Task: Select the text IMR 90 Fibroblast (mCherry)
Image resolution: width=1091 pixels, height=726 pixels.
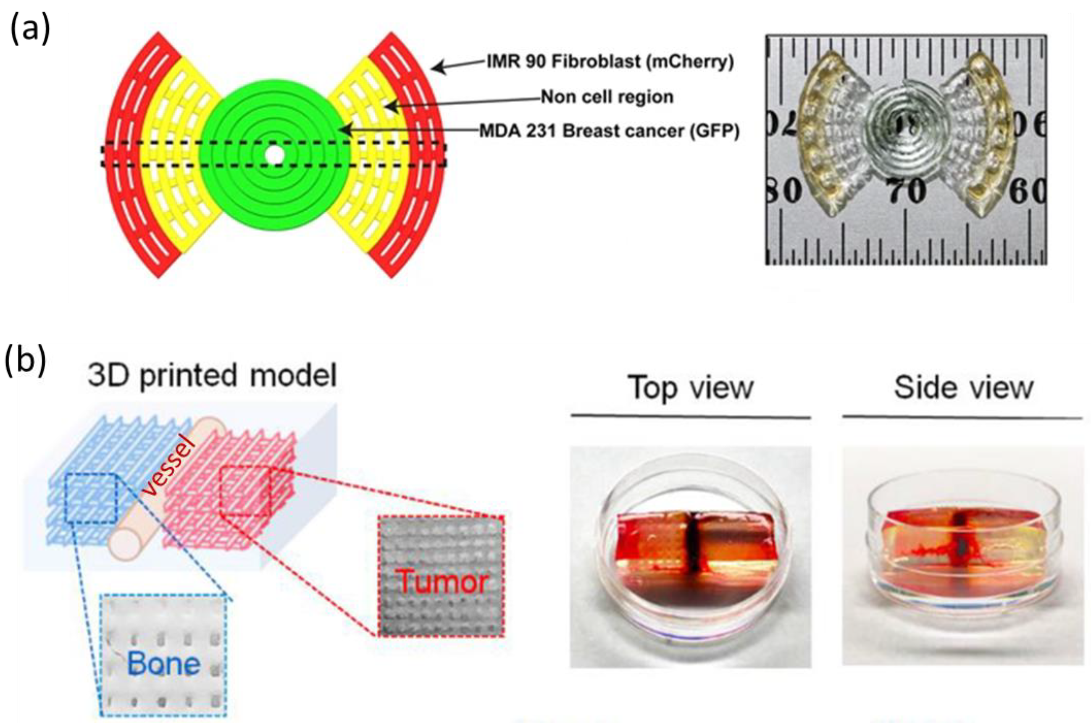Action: pos(610,62)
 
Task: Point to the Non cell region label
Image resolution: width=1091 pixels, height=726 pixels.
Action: pos(607,97)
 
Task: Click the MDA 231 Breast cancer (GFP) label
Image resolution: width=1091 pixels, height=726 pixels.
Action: pos(609,131)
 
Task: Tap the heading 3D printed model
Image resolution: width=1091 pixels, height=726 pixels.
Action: pos(213,375)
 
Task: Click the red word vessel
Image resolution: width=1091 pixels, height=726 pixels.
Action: pos(169,468)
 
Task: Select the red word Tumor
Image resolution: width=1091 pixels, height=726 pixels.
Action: pos(442,581)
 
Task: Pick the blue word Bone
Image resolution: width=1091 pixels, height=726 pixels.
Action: pos(164,664)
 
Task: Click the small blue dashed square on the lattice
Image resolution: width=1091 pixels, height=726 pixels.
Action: pos(91,499)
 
